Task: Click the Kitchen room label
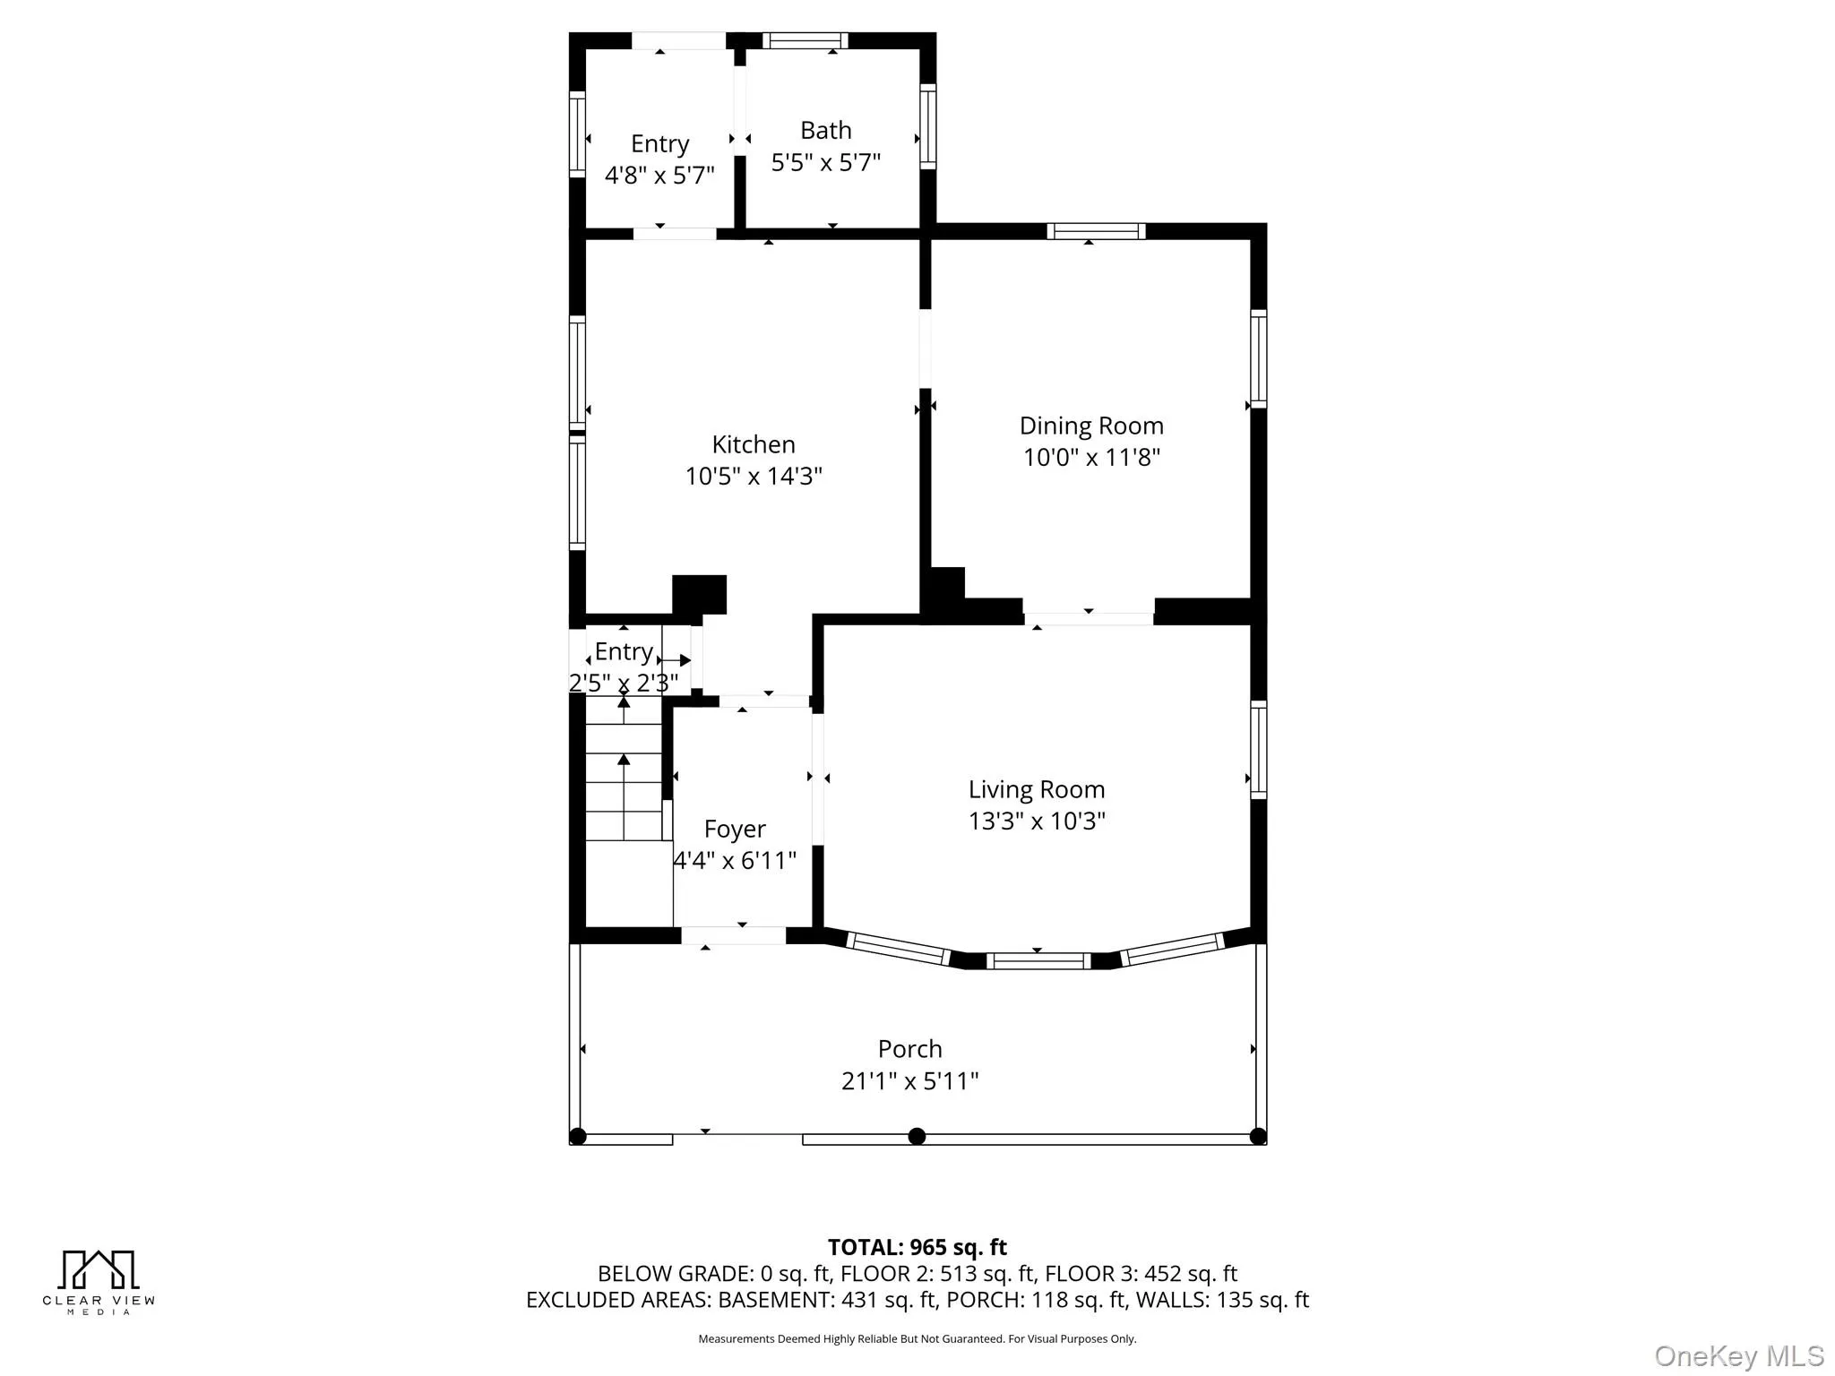tap(753, 444)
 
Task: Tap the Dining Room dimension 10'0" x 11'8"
tap(1090, 458)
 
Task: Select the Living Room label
tap(1036, 789)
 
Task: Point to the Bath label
tap(825, 131)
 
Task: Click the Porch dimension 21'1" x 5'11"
tap(909, 1081)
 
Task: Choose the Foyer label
tap(735, 830)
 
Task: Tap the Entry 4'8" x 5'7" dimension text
tap(659, 176)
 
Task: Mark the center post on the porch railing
tap(917, 1136)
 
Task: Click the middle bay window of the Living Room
tap(1038, 961)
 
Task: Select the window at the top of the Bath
tap(805, 40)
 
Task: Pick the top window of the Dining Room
tap(1096, 231)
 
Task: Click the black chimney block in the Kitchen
tap(699, 594)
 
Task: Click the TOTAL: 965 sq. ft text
tap(917, 1247)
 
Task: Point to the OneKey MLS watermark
tap(1738, 1355)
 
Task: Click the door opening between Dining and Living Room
tap(1088, 618)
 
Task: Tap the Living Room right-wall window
tap(1258, 750)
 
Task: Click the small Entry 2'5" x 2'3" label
tap(624, 667)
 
